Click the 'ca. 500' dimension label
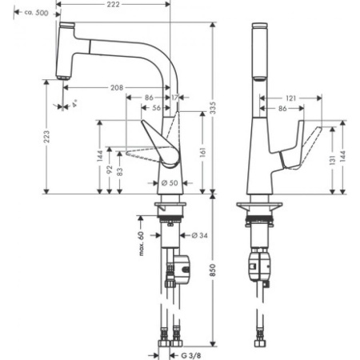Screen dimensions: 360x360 coord(34,14)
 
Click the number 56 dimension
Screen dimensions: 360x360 coord(157,106)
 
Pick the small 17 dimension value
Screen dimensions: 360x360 coord(174,98)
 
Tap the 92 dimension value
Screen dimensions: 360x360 coord(110,171)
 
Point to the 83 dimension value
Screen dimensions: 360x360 coord(122,171)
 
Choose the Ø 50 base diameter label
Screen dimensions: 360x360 coord(170,184)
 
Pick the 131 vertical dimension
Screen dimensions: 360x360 coord(331,163)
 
